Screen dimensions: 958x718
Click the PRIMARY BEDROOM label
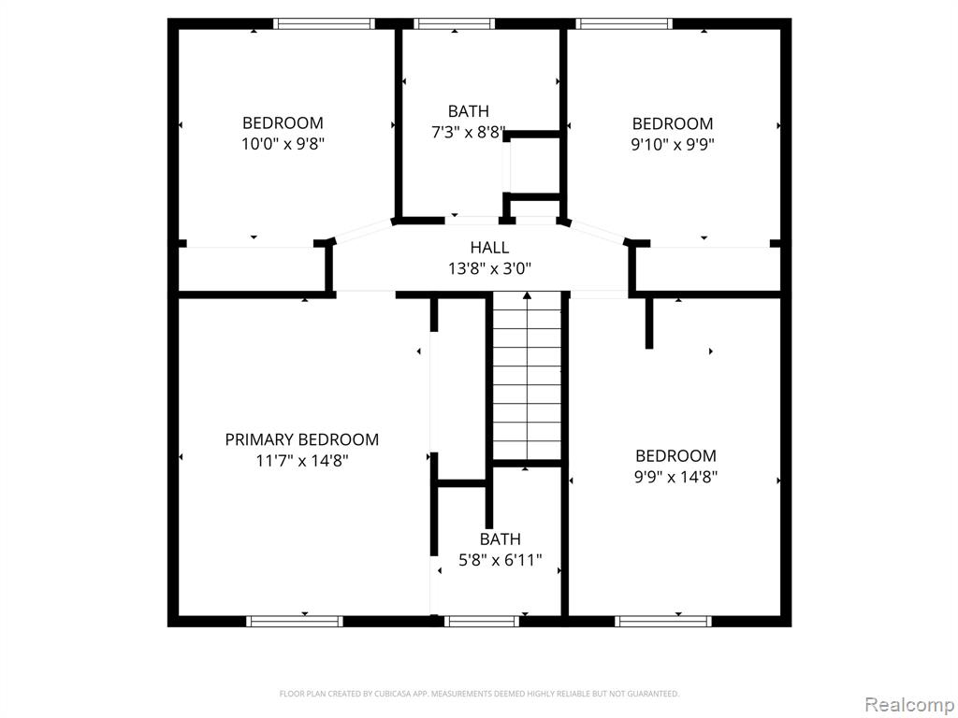[302, 439]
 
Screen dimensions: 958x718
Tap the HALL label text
[489, 247]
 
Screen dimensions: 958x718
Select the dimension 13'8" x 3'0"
[489, 268]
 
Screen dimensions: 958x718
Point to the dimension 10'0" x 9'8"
[283, 144]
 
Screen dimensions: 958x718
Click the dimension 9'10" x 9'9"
[673, 145]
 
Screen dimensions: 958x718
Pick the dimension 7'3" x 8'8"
[469, 132]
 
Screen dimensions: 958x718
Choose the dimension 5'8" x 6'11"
[501, 560]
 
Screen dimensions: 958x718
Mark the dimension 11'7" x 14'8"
[302, 460]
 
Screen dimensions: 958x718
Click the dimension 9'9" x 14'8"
[675, 477]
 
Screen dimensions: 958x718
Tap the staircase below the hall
[528, 379]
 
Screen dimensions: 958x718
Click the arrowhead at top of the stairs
[528, 296]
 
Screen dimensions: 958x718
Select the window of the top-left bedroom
[324, 23]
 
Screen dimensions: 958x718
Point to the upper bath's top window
[454, 23]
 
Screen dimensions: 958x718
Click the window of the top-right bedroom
[624, 23]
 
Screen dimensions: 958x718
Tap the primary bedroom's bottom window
[295, 622]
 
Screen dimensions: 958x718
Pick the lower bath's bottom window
[482, 622]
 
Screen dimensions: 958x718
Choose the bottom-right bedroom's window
[663, 622]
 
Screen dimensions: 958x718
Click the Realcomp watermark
[910, 705]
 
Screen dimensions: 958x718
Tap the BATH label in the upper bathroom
[469, 111]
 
